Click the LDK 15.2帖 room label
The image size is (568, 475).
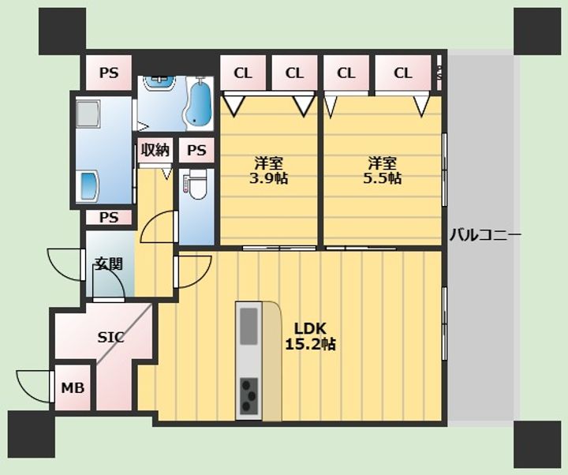click(311, 336)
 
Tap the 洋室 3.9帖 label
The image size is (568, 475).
click(268, 170)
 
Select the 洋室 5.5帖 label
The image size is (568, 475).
click(382, 170)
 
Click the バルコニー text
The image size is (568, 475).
click(485, 235)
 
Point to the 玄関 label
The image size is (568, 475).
click(109, 264)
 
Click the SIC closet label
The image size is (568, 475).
click(111, 338)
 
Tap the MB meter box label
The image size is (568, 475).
click(73, 388)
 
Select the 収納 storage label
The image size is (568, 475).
click(155, 150)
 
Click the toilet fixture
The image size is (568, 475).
click(195, 185)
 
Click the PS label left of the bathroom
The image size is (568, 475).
click(109, 73)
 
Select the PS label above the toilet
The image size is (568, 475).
click(196, 150)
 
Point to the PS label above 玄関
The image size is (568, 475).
click(109, 218)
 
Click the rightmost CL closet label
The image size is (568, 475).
click(403, 73)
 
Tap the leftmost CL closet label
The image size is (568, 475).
click(243, 73)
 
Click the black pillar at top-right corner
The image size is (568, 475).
click(537, 31)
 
